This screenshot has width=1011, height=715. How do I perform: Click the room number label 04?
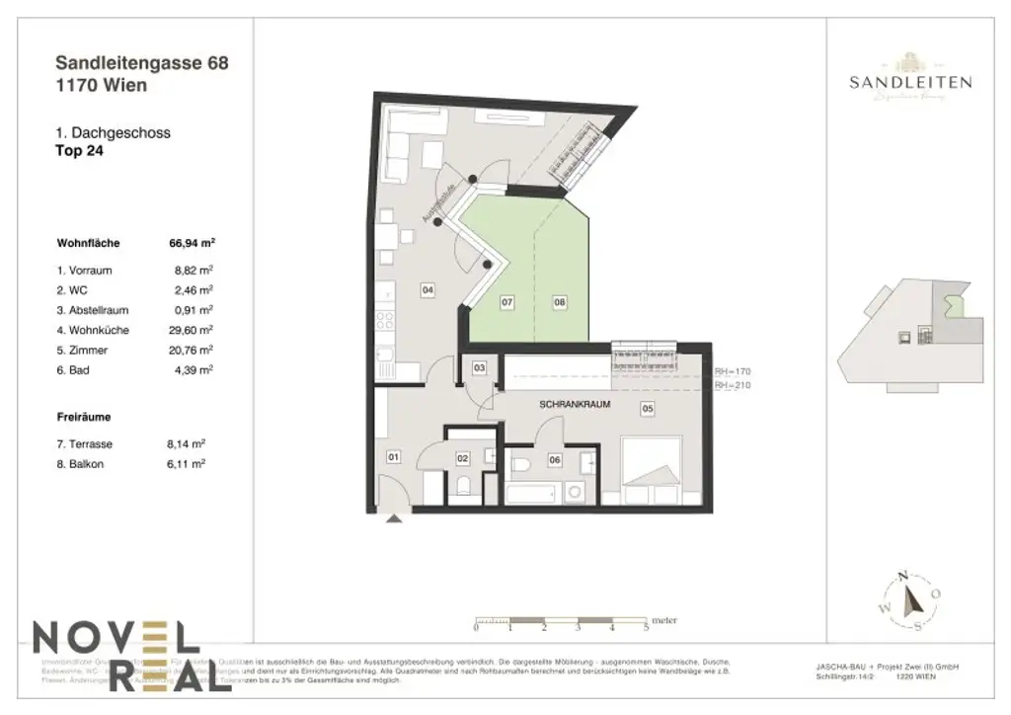(x=428, y=290)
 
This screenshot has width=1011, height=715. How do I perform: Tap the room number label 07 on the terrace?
(x=506, y=303)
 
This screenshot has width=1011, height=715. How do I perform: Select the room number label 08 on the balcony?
(x=560, y=303)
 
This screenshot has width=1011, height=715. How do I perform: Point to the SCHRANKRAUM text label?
(x=572, y=406)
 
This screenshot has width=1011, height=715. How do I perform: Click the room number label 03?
(x=480, y=367)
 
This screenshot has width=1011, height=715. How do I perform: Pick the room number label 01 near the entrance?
(x=393, y=457)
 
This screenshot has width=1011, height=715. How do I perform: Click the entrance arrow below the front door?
(x=396, y=516)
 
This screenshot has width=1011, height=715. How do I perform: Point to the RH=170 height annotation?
(x=733, y=371)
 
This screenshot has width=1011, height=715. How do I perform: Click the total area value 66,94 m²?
(x=193, y=242)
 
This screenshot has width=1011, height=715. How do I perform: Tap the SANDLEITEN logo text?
(x=909, y=83)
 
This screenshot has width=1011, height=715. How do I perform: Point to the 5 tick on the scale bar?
(x=646, y=627)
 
